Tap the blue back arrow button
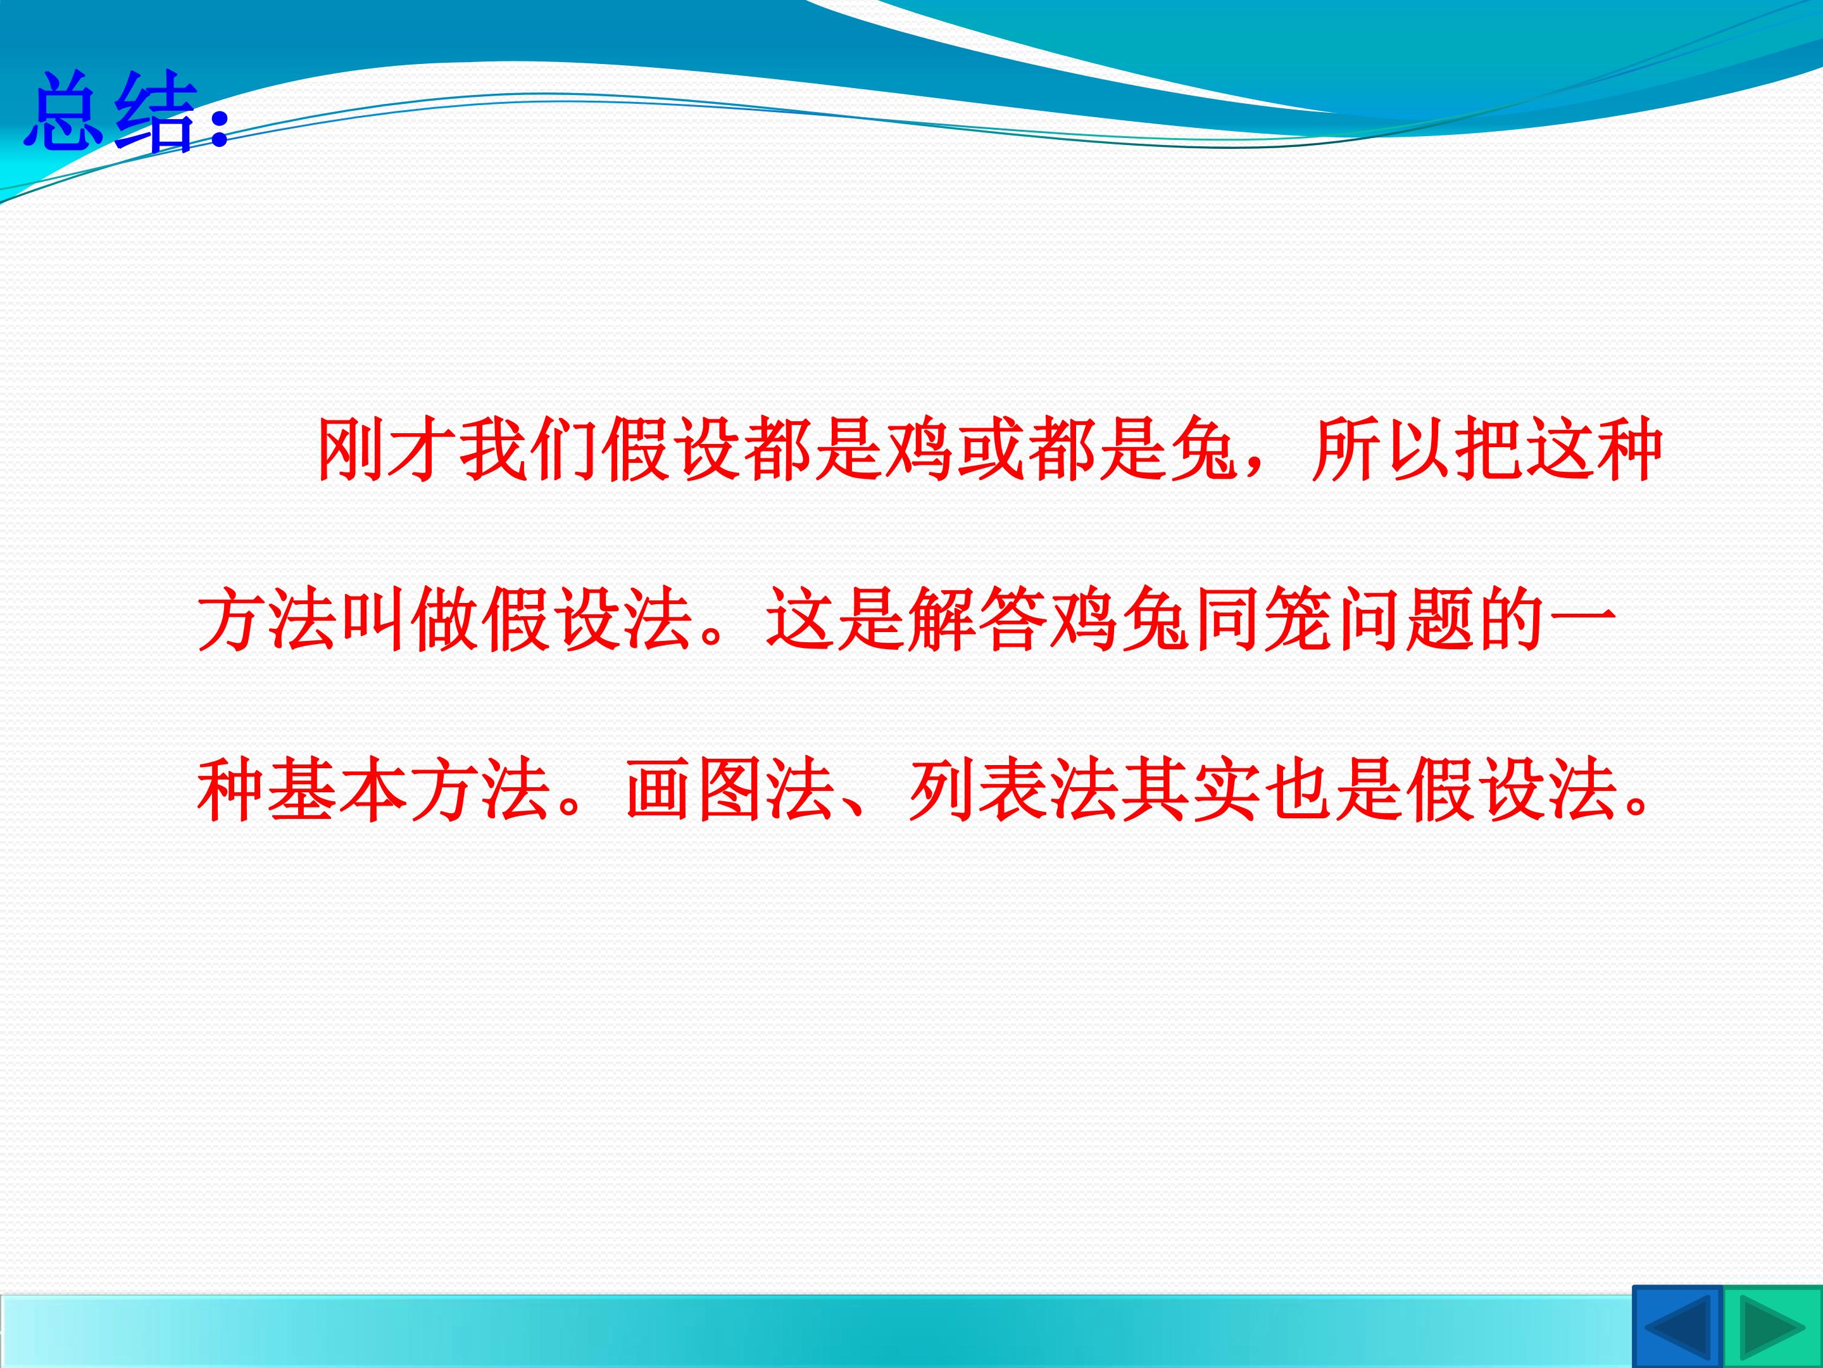1676,1327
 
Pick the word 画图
694,790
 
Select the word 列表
977,790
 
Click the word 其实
1191,790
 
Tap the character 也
1297,790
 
